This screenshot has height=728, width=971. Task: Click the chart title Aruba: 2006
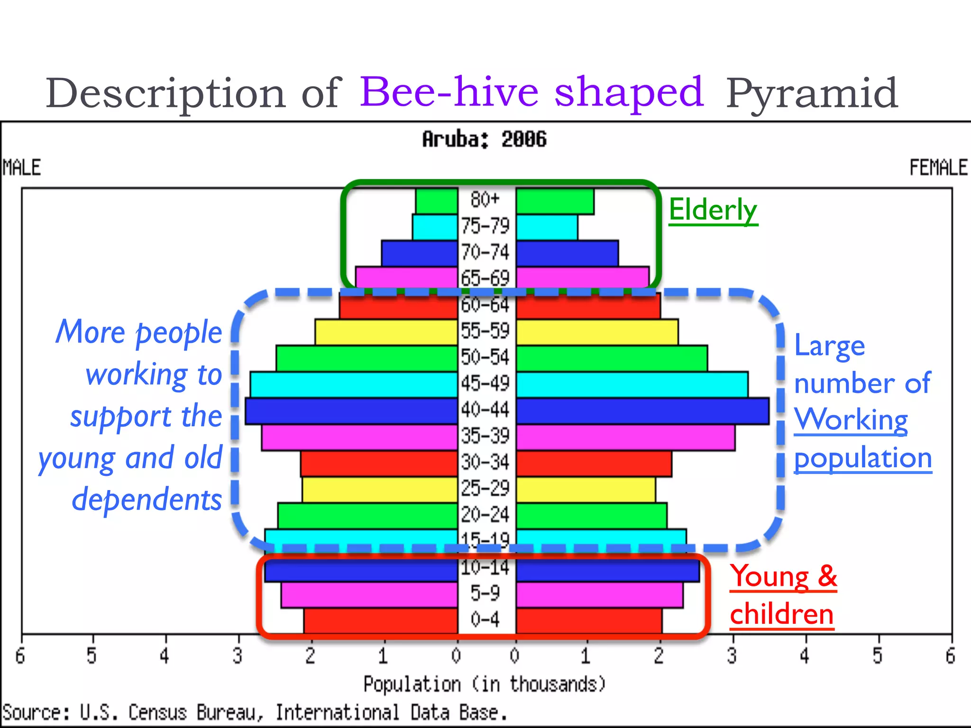click(x=484, y=139)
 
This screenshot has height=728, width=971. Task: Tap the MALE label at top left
click(x=22, y=168)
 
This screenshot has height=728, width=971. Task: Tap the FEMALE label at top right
click(x=938, y=168)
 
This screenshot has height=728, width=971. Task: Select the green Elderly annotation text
click(x=713, y=210)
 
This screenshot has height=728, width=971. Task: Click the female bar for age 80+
click(x=555, y=201)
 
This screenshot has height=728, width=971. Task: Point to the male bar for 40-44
click(x=351, y=411)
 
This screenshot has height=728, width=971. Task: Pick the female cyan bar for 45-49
click(x=632, y=384)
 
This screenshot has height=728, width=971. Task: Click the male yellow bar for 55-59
click(x=386, y=332)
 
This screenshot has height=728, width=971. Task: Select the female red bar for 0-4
click(x=589, y=620)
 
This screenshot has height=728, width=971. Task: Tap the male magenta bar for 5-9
click(x=369, y=595)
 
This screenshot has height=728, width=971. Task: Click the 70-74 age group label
click(x=485, y=252)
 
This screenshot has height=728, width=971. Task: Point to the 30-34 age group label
click(x=485, y=462)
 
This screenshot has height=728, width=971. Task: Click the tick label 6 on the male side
click(x=20, y=656)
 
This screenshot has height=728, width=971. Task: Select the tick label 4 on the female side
click(x=805, y=656)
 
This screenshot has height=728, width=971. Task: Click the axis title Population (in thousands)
click(x=484, y=684)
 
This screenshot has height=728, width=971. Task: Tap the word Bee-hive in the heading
click(x=449, y=92)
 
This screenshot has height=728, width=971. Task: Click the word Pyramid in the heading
click(x=812, y=94)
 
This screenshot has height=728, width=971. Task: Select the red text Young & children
click(x=783, y=595)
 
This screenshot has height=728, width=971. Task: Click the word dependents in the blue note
click(x=147, y=500)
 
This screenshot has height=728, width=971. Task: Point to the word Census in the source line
click(x=157, y=713)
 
